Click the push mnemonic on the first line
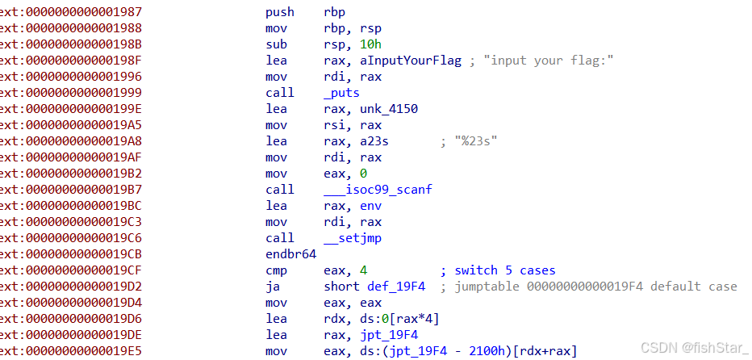[x=279, y=12]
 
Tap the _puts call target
[x=340, y=93]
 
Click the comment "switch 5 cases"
[x=504, y=270]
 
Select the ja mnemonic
[x=272, y=287]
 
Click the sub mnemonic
[x=275, y=44]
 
